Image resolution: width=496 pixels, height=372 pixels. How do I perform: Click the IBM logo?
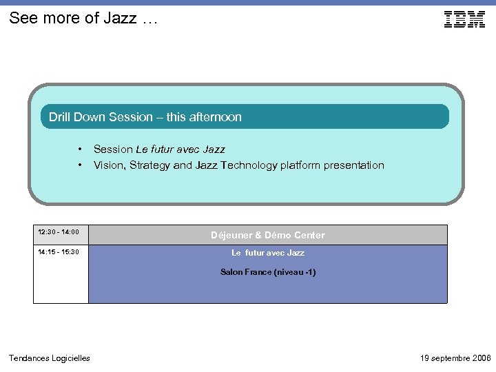click(464, 19)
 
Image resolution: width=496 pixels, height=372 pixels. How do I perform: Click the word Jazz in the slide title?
click(121, 19)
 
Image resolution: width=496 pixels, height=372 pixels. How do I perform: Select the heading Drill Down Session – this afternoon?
click(145, 117)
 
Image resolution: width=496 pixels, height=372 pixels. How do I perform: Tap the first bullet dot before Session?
click(81, 149)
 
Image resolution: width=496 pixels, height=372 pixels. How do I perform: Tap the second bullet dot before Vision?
click(81, 165)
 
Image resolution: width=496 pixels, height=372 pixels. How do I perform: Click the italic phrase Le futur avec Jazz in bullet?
click(180, 149)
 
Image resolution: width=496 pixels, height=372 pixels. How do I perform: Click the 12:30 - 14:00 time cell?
click(59, 233)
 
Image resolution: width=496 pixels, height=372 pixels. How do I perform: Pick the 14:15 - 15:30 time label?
click(59, 252)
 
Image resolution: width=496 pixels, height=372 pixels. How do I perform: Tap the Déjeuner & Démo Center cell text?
click(267, 236)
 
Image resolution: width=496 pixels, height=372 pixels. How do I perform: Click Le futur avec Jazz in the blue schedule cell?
click(267, 254)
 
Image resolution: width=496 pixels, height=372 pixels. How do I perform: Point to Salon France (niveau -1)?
click(267, 272)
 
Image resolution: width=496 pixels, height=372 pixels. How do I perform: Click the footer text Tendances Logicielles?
click(49, 358)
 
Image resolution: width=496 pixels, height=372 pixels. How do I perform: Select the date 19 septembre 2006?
click(455, 358)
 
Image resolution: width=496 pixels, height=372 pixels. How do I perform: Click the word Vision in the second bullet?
click(107, 165)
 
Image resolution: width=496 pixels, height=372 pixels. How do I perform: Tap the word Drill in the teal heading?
click(59, 117)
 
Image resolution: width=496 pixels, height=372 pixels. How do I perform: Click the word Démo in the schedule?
click(278, 236)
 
